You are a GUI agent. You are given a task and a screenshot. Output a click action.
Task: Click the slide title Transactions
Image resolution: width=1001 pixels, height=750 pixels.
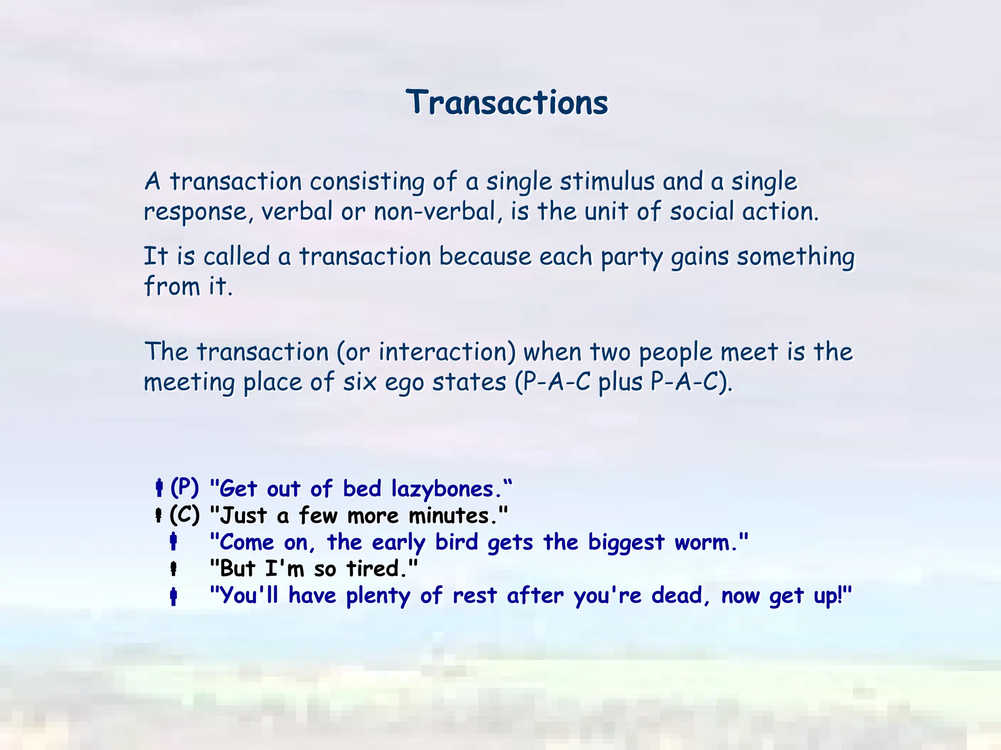pyautogui.click(x=507, y=103)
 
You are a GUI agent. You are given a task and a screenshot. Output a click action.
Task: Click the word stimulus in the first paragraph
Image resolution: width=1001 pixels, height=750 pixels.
pyautogui.click(x=607, y=181)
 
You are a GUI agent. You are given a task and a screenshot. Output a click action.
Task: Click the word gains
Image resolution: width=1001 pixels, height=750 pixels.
pyautogui.click(x=699, y=257)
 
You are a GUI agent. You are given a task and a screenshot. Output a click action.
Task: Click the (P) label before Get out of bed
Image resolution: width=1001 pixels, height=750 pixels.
pyautogui.click(x=184, y=487)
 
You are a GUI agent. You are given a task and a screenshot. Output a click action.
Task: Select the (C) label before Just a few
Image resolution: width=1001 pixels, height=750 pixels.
pyautogui.click(x=184, y=515)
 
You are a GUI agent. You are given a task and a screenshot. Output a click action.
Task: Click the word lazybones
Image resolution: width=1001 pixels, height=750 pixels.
pyautogui.click(x=443, y=489)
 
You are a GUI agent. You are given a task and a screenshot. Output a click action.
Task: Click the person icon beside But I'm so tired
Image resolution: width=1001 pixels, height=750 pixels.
pyautogui.click(x=173, y=569)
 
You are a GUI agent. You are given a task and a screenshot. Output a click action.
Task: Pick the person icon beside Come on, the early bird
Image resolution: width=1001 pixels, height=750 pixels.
pyautogui.click(x=173, y=542)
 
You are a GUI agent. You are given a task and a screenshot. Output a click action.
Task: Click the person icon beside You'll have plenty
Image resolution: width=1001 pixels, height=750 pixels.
pyautogui.click(x=173, y=596)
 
